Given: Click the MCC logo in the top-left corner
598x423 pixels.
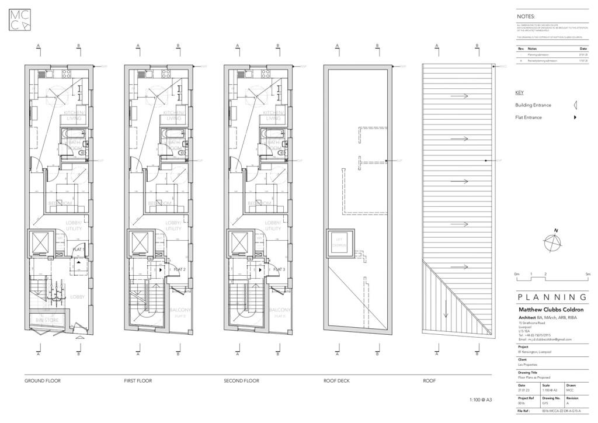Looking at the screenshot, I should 22,20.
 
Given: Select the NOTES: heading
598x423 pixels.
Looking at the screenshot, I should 526,17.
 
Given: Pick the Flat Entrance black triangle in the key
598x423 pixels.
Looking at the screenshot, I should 575,117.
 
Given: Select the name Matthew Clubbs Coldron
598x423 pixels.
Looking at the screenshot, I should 551,310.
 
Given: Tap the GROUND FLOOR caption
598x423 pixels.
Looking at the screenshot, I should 42,381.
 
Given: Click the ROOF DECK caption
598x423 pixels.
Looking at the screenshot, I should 336,381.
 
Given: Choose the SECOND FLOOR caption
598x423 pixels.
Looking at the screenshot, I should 241,381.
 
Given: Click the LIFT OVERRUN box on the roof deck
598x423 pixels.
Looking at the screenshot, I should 340,242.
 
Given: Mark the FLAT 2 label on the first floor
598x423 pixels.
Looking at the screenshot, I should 180,269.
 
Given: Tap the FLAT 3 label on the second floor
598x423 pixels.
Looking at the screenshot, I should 279,269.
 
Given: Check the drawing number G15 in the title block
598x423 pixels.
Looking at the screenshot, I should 545,403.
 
